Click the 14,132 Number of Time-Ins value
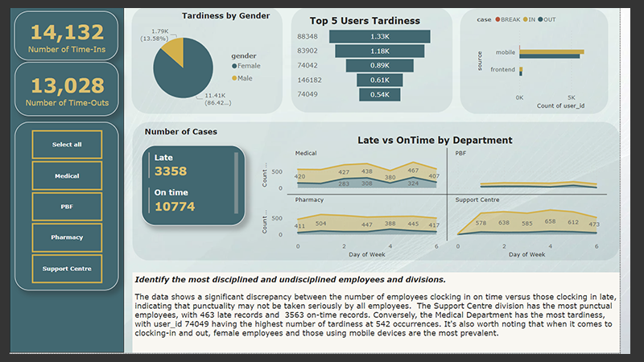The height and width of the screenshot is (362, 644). tap(67, 32)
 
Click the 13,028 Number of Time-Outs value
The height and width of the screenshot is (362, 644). tap(67, 86)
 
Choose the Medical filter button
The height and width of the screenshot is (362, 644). tap(67, 175)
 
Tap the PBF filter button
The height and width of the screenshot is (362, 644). tap(67, 206)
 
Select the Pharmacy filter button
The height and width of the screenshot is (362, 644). tap(67, 237)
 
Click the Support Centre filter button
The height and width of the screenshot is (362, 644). tap(67, 268)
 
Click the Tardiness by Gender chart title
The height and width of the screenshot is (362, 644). tap(214, 15)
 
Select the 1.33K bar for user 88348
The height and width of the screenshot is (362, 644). tap(375, 36)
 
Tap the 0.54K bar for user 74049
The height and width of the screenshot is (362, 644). tap(375, 94)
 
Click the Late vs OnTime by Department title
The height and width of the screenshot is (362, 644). tap(435, 140)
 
